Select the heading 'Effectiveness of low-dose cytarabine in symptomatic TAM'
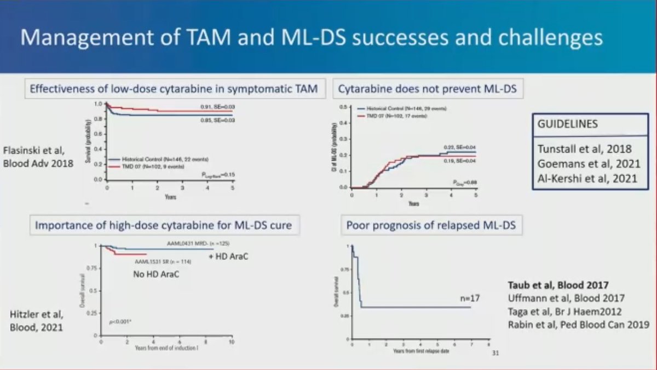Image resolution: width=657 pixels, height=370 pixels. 174,88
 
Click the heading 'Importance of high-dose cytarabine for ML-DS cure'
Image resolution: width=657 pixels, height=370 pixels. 164,225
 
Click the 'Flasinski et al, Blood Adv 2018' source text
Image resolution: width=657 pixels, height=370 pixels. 38,156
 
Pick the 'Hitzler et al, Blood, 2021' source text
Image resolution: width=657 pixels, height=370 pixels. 37,321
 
